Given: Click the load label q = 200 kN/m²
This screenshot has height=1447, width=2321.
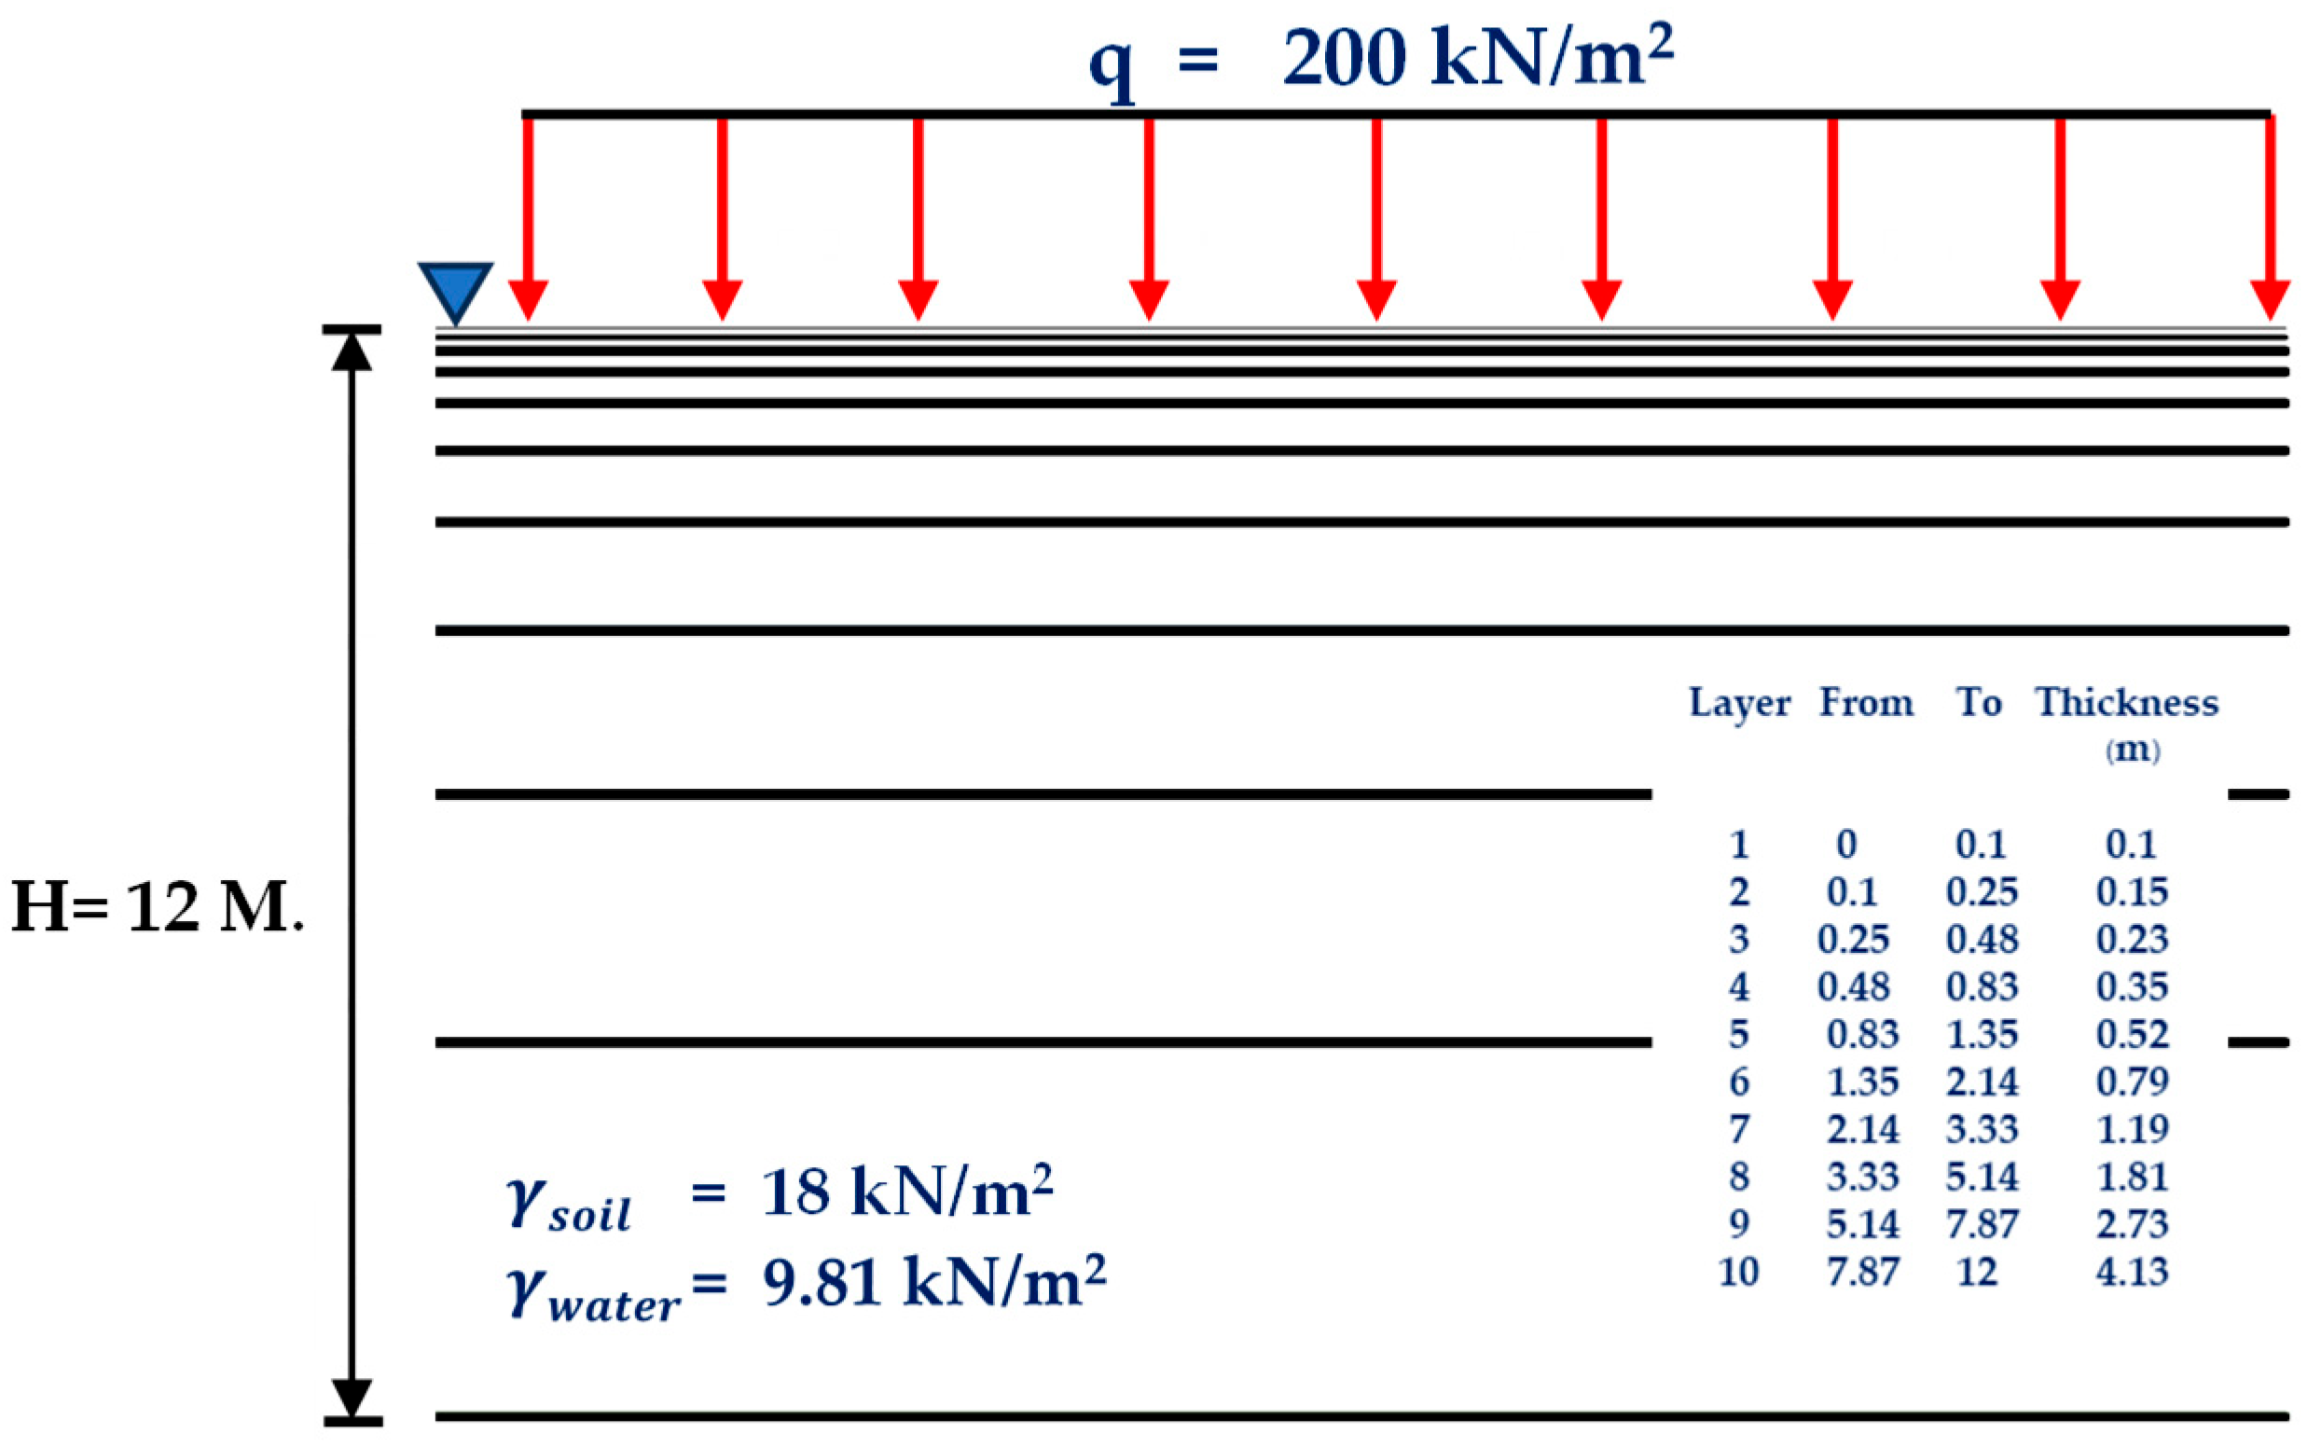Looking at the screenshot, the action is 1381,60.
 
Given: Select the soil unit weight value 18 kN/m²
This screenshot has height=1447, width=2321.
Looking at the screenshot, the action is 906,1192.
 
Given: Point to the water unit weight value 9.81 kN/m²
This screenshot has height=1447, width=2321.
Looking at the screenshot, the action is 934,1282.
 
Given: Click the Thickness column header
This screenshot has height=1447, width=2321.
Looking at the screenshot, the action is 2126,702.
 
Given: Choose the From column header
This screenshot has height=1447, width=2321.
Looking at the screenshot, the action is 1865,702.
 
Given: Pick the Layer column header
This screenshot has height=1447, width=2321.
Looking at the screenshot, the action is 1738,702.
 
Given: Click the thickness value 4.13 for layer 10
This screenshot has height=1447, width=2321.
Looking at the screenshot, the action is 2132,1272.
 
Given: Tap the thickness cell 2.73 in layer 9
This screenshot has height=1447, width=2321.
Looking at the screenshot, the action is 2132,1224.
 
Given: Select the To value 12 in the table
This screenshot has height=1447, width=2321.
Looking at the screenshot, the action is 1978,1272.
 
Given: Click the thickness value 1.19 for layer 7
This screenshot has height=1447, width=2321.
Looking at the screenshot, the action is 2132,1129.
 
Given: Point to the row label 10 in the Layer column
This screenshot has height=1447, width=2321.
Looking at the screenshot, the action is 1738,1272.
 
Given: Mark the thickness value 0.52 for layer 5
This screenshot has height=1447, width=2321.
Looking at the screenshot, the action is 2132,1035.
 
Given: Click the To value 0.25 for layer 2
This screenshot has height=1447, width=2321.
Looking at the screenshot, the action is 1982,892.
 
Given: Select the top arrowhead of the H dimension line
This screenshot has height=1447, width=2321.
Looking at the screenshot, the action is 352,352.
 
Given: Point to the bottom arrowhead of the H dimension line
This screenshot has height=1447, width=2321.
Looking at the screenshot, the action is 352,1397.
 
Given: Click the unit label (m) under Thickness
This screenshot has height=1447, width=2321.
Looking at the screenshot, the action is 2133,750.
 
